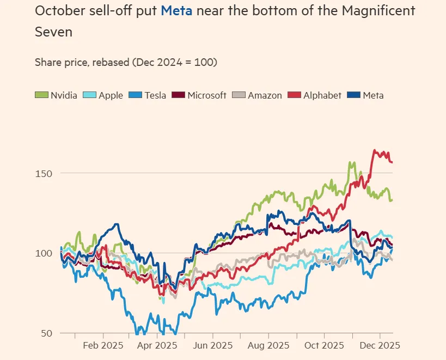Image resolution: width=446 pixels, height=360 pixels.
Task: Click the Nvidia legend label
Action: click(x=64, y=95)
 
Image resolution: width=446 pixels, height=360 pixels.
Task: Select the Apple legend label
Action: click(x=111, y=95)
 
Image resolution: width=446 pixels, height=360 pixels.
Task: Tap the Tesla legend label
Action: click(x=155, y=95)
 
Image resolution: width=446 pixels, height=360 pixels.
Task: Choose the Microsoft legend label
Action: click(x=206, y=95)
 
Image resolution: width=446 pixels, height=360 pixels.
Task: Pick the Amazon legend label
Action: click(x=265, y=95)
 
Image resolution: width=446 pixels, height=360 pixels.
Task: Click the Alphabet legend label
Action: click(x=322, y=95)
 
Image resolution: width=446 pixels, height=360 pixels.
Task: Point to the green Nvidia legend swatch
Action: click(x=41, y=95)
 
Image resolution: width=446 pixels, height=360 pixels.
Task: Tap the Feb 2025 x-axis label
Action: click(x=103, y=346)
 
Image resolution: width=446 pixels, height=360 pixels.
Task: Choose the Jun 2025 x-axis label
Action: click(x=213, y=346)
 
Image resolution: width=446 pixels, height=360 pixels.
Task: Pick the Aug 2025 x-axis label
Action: click(x=269, y=346)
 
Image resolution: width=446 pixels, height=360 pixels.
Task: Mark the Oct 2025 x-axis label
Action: click(x=325, y=346)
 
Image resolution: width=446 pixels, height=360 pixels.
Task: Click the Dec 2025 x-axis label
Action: click(x=381, y=346)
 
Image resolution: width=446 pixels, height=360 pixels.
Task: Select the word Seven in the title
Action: click(x=53, y=32)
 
